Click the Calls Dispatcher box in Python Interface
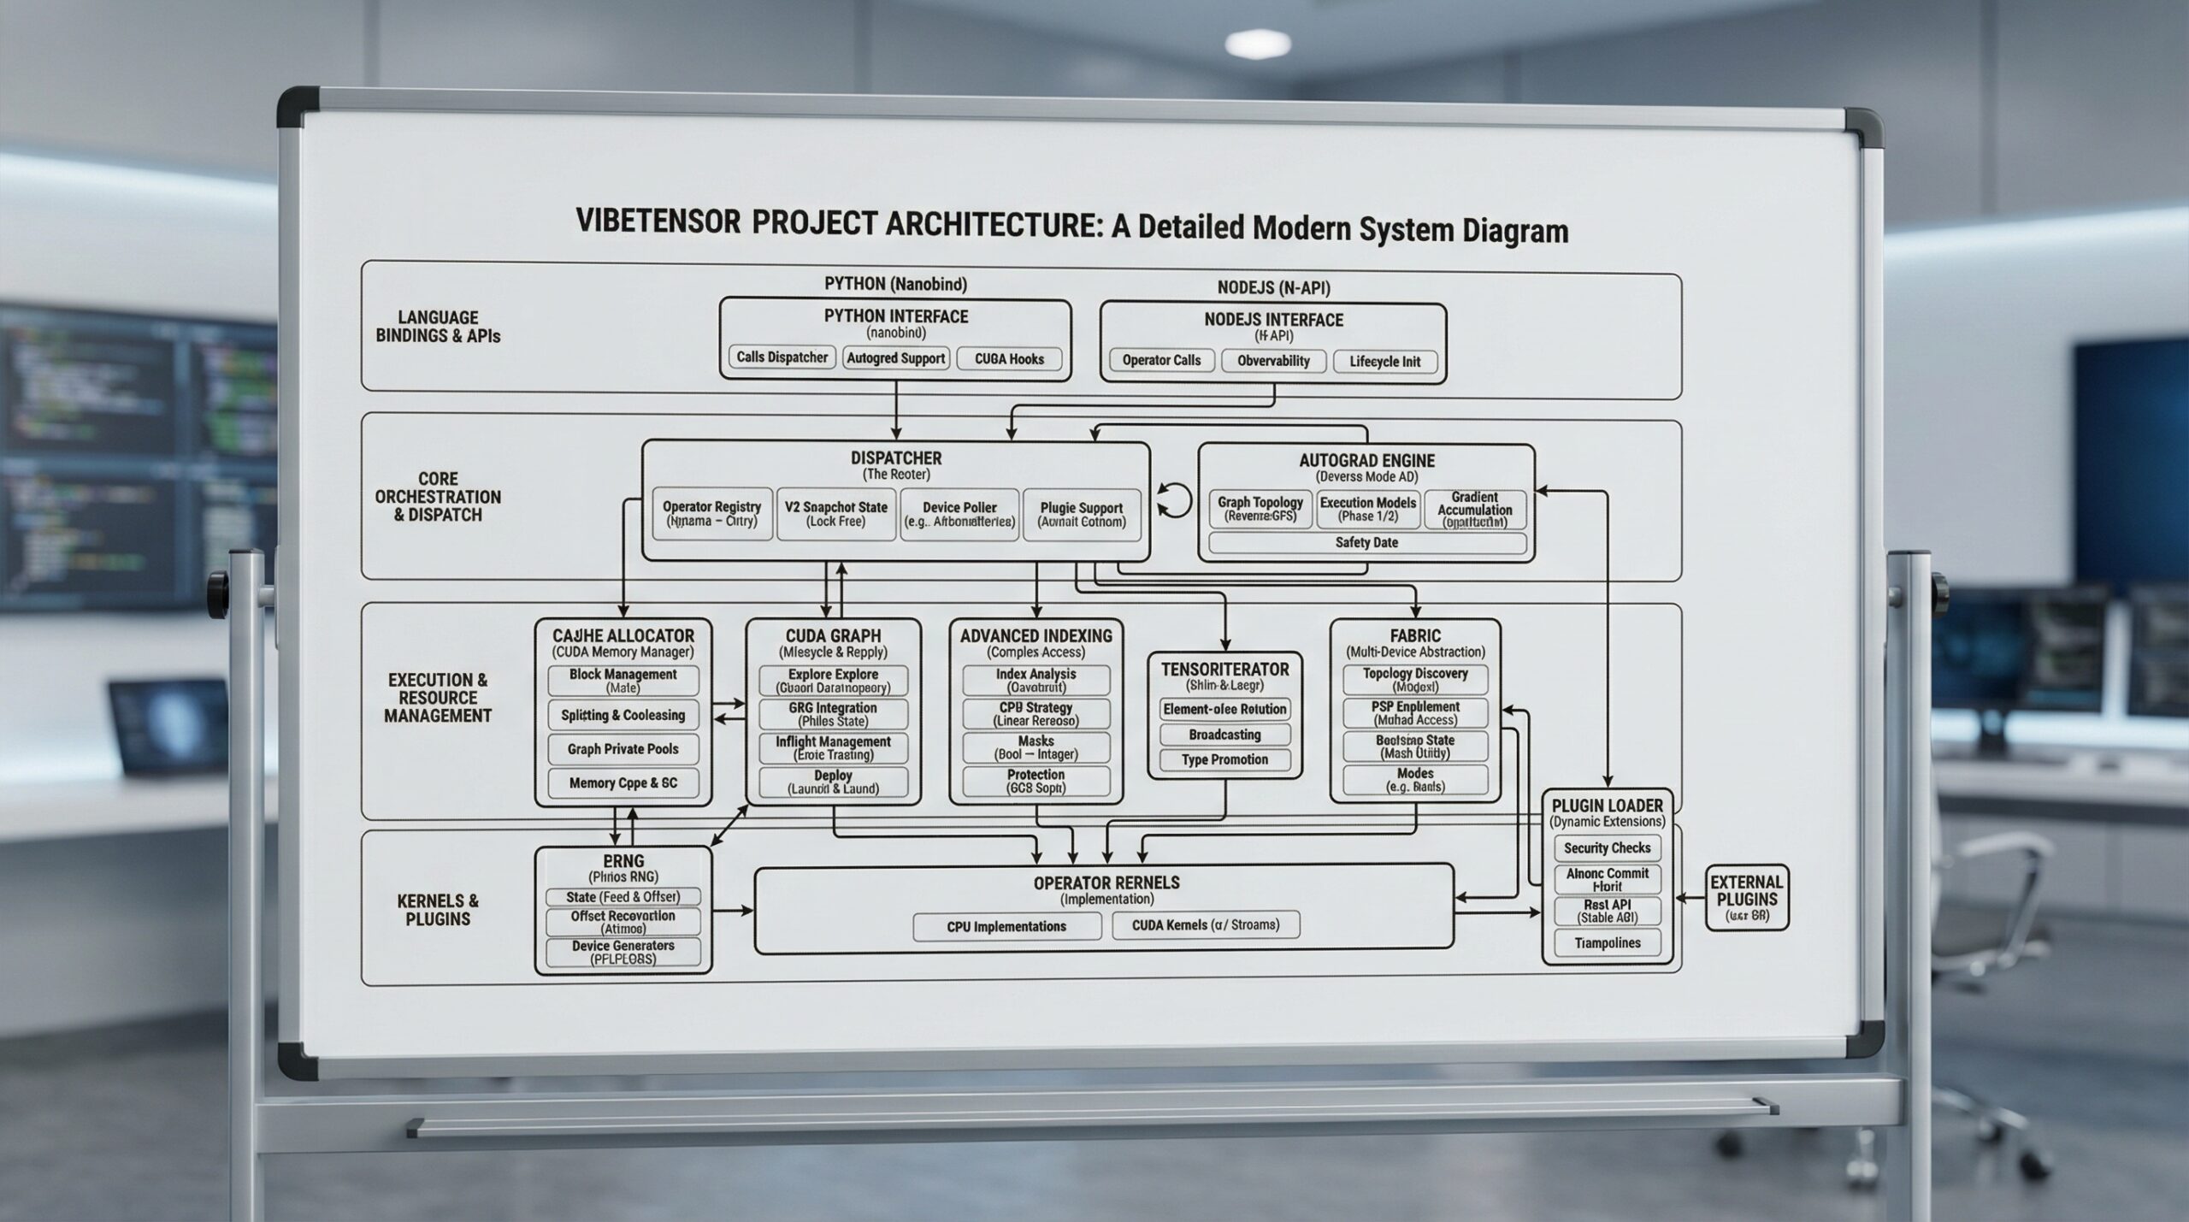782,357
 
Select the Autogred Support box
895,358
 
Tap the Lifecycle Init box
1384,362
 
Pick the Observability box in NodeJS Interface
1273,361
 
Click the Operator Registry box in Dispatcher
711,514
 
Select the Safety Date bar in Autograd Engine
1366,543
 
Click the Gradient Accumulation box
1474,510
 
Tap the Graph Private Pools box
622,749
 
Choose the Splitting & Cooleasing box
622,715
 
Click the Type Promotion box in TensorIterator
1224,759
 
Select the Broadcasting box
1224,735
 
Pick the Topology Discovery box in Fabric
1415,680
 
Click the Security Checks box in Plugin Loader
1607,847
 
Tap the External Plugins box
1746,898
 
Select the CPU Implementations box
1006,927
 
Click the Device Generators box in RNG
622,952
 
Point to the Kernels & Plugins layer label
438,910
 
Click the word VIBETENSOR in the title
658,221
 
